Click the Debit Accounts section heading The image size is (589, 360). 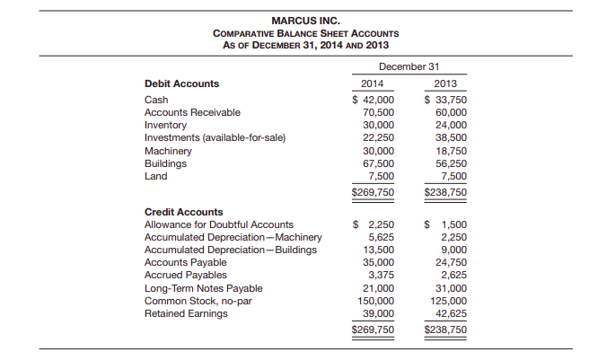point(181,83)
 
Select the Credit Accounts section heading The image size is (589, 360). point(183,212)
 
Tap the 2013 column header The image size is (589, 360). point(445,83)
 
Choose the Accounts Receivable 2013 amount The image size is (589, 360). point(450,112)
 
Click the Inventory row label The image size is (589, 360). point(165,125)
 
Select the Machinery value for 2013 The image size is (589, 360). point(450,152)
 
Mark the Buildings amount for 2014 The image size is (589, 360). point(376,164)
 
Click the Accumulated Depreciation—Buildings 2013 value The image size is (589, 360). point(453,250)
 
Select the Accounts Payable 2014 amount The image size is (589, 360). point(376,262)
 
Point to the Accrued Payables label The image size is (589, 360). point(186,275)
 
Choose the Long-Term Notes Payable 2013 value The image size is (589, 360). point(450,287)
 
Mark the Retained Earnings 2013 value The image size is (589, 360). point(450,313)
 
